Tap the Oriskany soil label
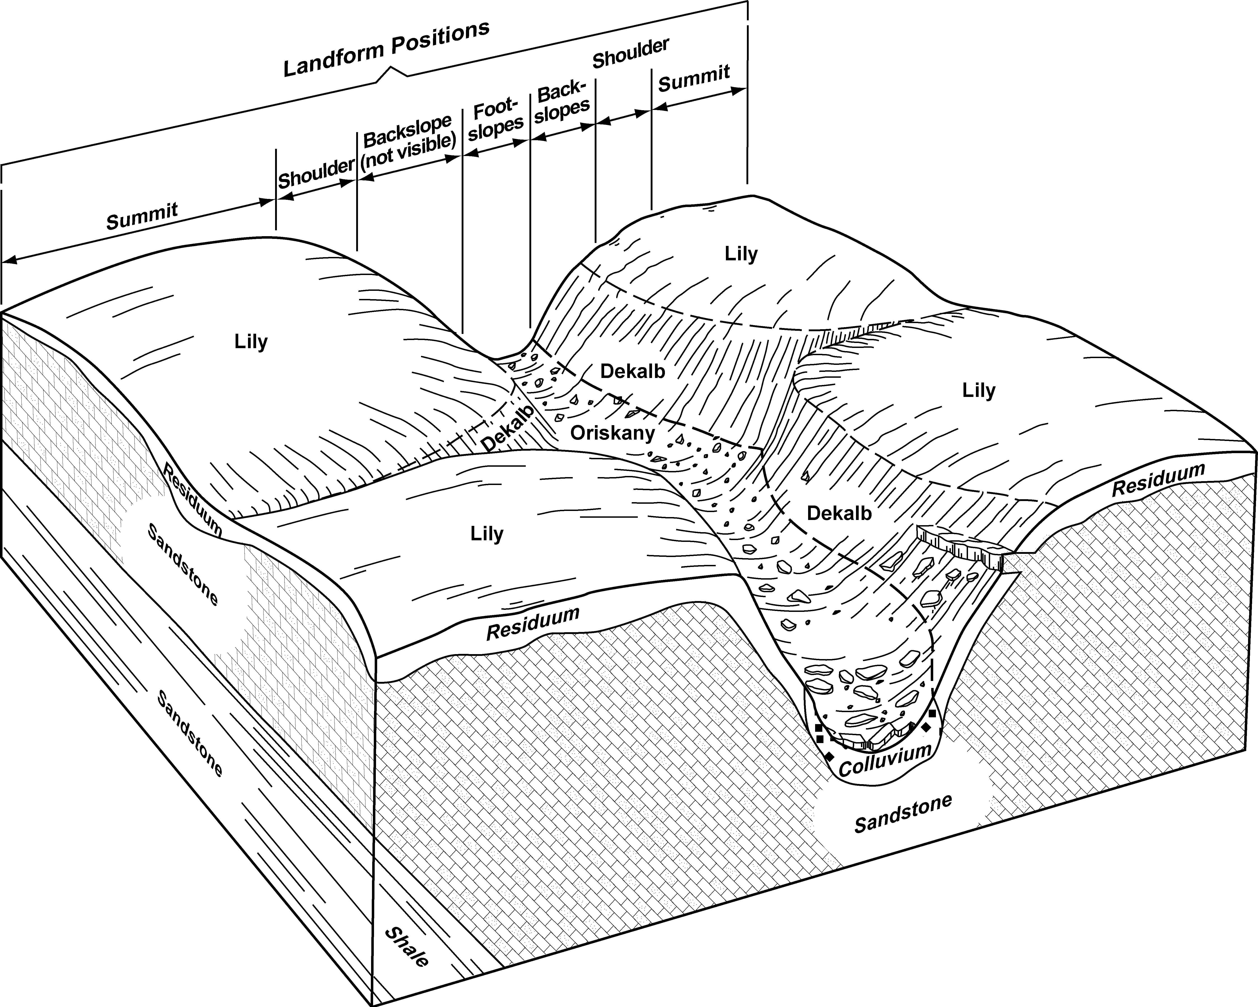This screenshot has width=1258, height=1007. (x=613, y=433)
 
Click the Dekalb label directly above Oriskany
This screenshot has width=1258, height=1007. (x=633, y=371)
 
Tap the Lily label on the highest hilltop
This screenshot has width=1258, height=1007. (x=741, y=254)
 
